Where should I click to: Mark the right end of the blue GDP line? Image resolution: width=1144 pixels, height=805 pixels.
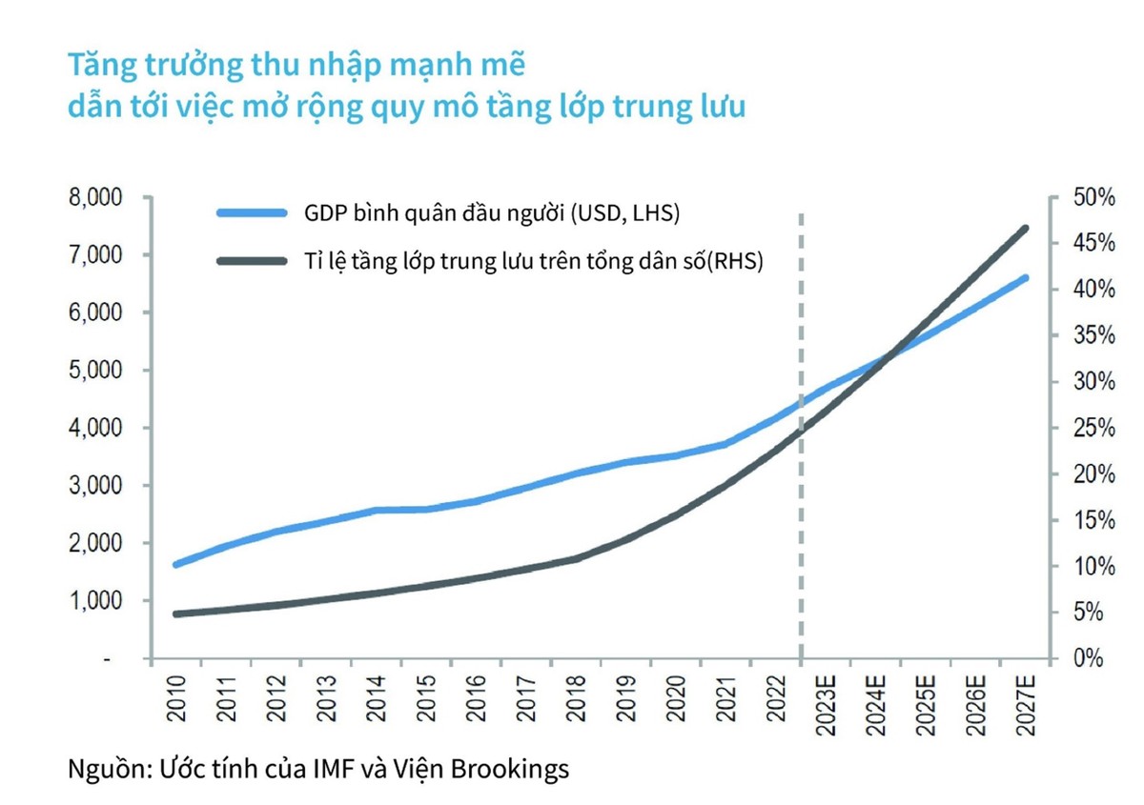click(x=1026, y=278)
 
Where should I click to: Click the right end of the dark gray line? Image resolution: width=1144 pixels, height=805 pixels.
click(x=1026, y=229)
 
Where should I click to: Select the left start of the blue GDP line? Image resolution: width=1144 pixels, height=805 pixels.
click(x=175, y=565)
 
